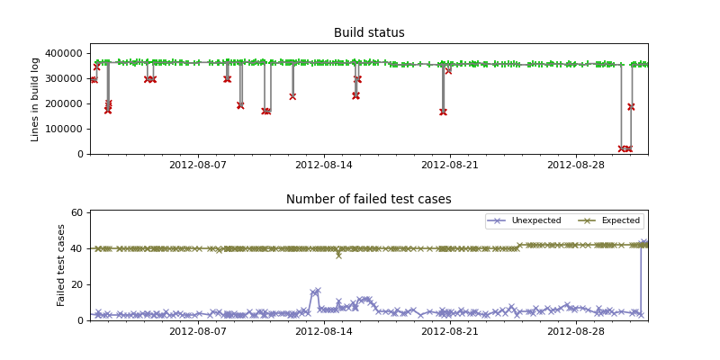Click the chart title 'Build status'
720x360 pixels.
(x=369, y=33)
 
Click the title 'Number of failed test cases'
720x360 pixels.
(x=369, y=200)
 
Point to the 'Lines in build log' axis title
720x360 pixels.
(x=36, y=99)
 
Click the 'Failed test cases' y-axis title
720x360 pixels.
(x=62, y=265)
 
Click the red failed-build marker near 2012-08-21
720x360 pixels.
(x=443, y=112)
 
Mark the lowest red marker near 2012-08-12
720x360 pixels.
(x=292, y=96)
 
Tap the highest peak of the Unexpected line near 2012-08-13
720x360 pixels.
(x=318, y=291)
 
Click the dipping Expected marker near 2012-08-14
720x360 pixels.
(x=338, y=256)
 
